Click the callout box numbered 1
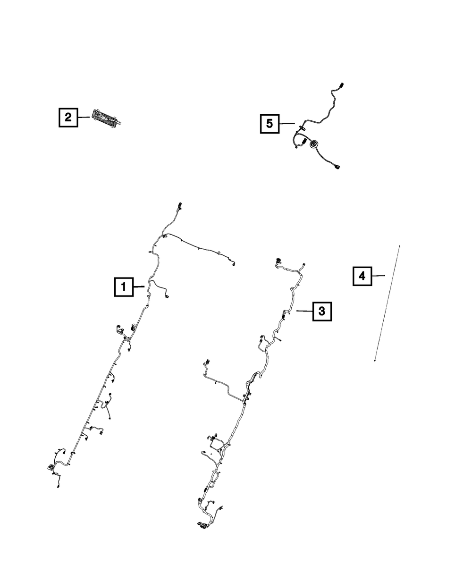(x=123, y=286)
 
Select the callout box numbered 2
(x=68, y=117)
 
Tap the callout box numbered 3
(x=321, y=311)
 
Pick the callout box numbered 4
(x=362, y=276)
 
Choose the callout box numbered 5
(x=270, y=124)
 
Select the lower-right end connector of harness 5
(x=337, y=165)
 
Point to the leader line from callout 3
(x=304, y=311)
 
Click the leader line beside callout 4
(x=379, y=276)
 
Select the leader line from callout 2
(x=83, y=117)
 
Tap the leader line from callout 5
(x=287, y=124)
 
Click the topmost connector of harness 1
(x=180, y=207)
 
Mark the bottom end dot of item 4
(x=375, y=361)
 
